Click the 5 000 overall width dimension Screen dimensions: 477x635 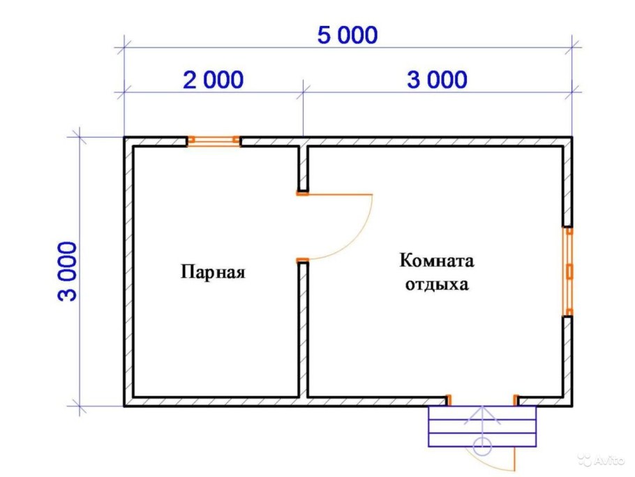click(347, 35)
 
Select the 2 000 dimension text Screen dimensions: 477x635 click(214, 80)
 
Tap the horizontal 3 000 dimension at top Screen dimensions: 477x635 click(438, 80)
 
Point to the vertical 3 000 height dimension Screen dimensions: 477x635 click(68, 270)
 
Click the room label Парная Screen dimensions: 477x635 click(214, 271)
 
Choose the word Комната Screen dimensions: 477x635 click(437, 261)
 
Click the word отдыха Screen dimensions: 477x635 click(437, 285)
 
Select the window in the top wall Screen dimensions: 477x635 click(214, 140)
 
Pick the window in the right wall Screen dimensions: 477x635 click(569, 271)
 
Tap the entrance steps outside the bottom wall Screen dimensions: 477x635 click(483, 426)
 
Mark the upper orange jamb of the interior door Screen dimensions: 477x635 click(302, 193)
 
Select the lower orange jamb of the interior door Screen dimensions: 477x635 click(302, 260)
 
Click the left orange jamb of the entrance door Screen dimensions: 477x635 click(449, 399)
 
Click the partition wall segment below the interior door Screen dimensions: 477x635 click(303, 328)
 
